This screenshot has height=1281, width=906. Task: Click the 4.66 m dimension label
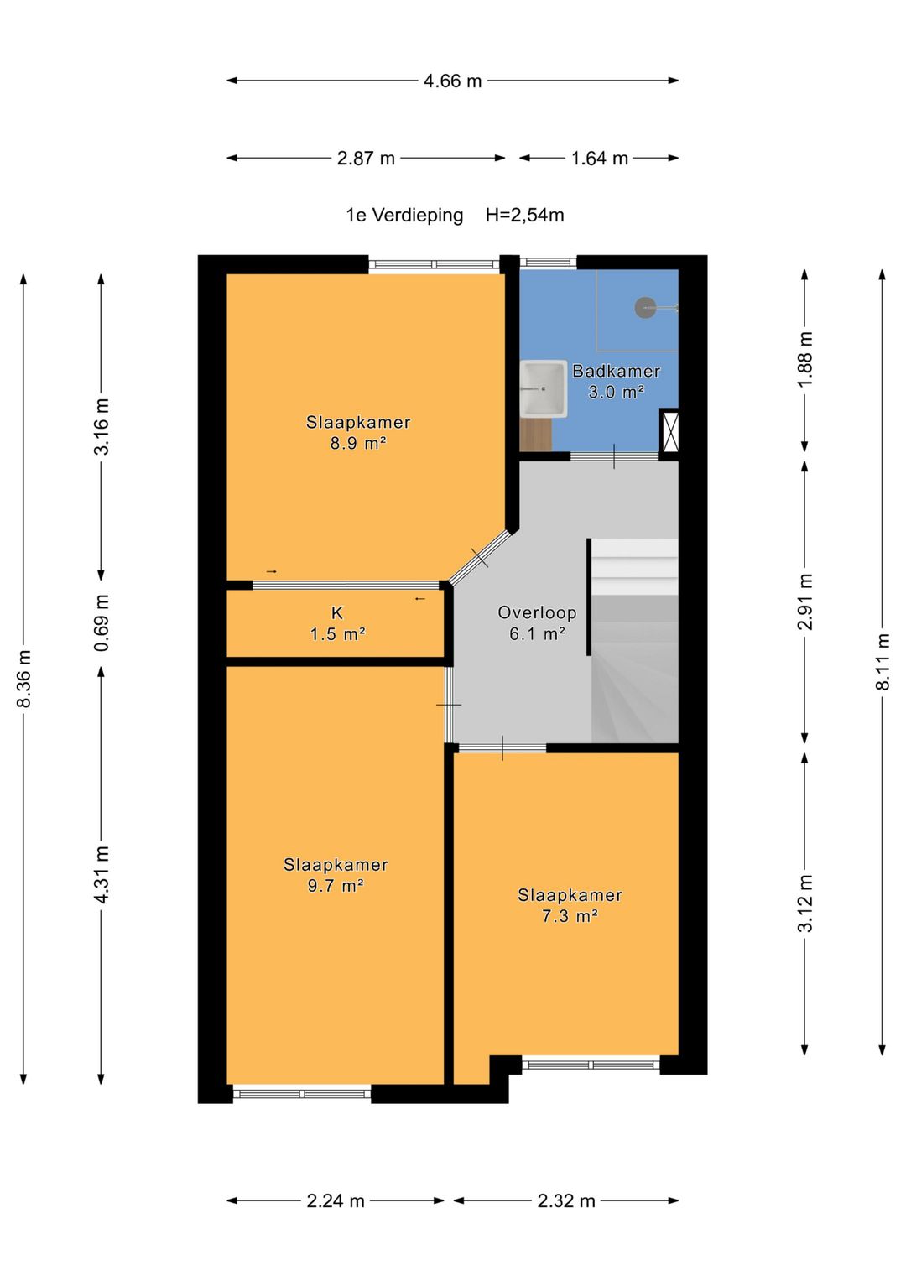(452, 81)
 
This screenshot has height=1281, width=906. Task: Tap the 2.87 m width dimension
(366, 158)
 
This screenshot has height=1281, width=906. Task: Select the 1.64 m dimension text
(600, 158)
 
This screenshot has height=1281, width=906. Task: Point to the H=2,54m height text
(524, 215)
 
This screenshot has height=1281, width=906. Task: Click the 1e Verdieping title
(404, 215)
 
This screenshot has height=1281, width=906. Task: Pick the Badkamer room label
(616, 371)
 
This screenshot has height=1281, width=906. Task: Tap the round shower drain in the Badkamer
(645, 308)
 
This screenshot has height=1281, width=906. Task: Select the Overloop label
(537, 612)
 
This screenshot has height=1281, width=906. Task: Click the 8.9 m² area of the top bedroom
(358, 443)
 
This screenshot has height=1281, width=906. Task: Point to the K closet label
(337, 613)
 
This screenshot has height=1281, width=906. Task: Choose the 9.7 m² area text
(336, 886)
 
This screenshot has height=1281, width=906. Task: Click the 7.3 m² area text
(570, 916)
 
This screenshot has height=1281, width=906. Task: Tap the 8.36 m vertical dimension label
(23, 678)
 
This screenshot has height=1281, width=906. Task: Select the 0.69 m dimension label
(102, 622)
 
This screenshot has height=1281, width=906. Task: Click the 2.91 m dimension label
(804, 601)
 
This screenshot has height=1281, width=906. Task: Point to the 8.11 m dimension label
(883, 662)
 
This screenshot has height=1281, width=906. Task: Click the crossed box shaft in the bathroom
(669, 430)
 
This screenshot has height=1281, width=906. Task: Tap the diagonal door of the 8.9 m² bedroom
(480, 557)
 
